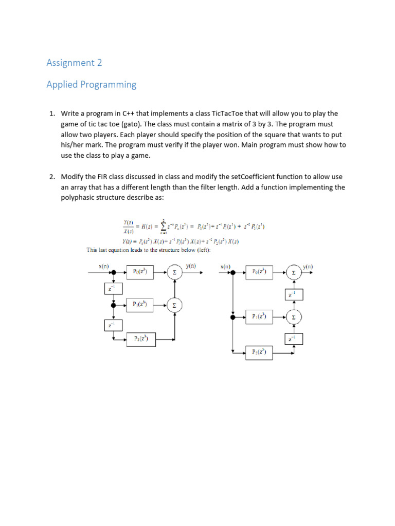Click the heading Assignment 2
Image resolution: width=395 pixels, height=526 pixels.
74,63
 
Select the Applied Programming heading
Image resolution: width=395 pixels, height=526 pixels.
92,85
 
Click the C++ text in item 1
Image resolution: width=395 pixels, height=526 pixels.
129,114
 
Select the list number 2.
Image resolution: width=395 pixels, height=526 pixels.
52,177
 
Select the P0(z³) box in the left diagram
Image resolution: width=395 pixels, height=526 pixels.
140,272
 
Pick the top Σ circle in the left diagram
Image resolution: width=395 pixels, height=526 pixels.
175,272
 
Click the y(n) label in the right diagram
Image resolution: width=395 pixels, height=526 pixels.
308,267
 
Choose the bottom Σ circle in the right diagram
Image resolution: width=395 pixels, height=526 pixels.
294,317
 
